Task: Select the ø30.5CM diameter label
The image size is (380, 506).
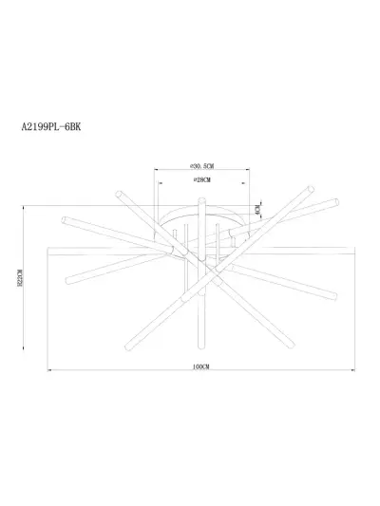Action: point(199,163)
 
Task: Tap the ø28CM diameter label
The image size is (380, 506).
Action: point(199,179)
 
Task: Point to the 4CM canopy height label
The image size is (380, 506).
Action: point(257,209)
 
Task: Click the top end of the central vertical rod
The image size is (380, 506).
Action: point(199,197)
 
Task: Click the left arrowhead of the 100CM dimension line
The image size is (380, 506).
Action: point(50,370)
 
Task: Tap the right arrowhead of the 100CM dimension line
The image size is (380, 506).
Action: point(352,370)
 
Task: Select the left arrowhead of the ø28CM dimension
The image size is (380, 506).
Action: point(169,186)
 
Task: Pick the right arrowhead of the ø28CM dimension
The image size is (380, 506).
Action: point(231,186)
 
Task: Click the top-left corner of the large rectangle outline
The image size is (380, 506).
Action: point(48,246)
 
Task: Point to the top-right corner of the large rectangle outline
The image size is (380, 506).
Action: point(353,246)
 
